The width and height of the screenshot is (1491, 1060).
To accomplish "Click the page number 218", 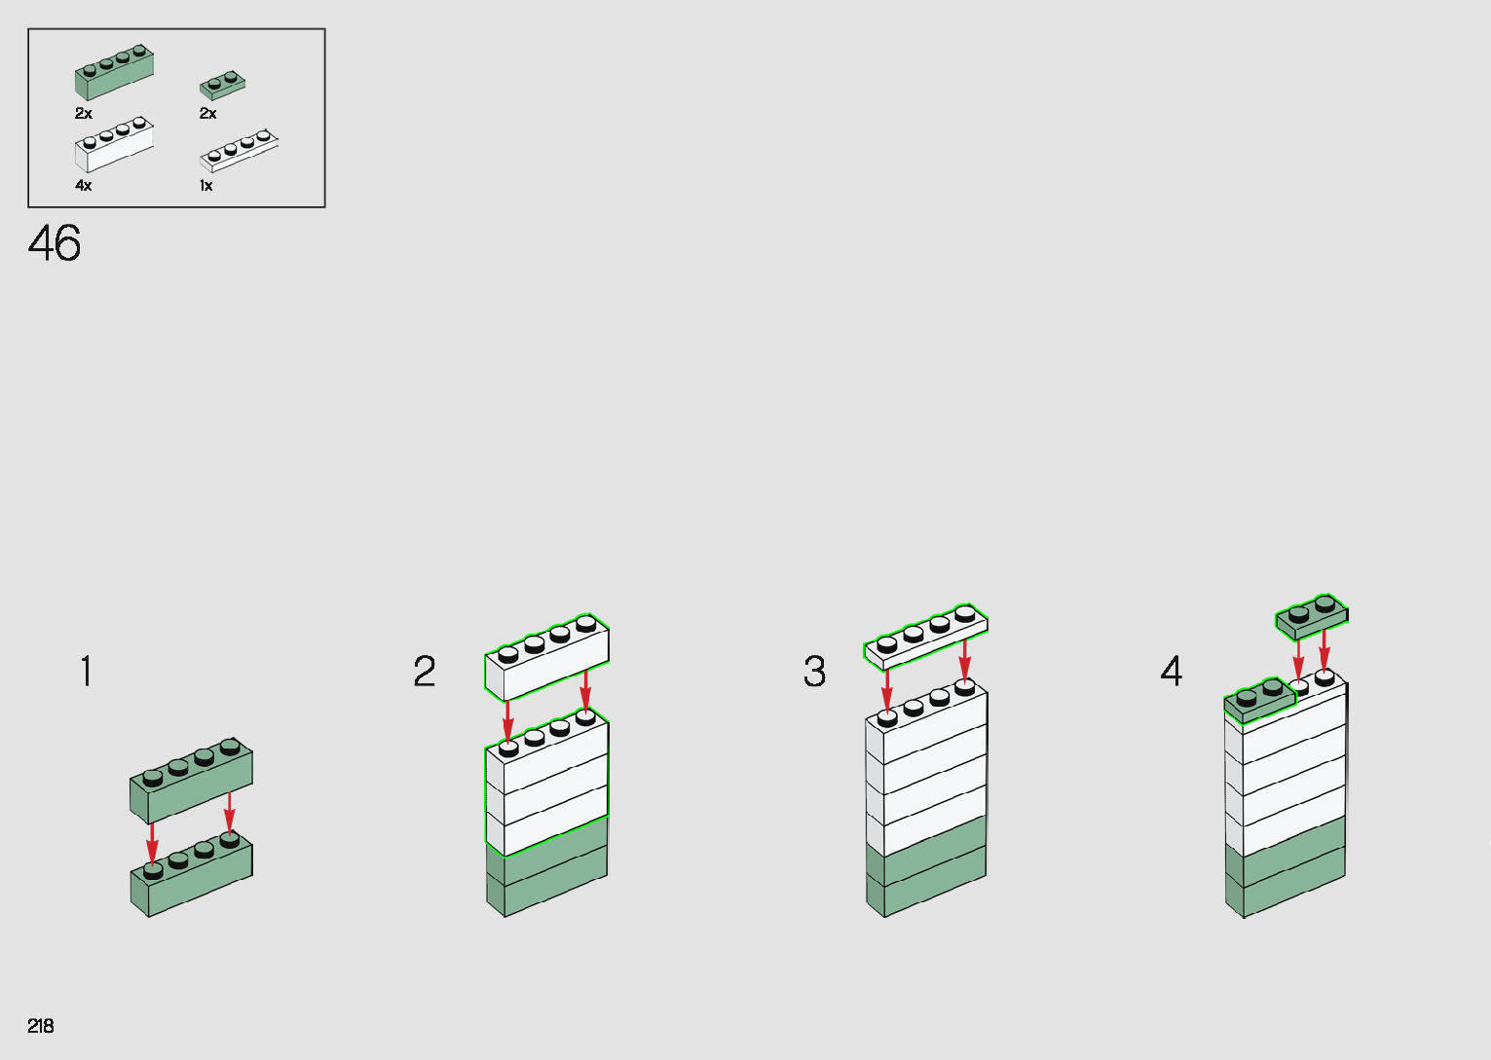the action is [x=41, y=1026].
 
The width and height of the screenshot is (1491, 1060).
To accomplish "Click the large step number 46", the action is [x=55, y=243].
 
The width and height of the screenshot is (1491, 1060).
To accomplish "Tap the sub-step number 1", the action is [x=87, y=672].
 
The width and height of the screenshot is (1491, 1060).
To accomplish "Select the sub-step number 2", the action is [x=425, y=672].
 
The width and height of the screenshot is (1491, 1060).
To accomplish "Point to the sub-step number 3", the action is [x=815, y=672].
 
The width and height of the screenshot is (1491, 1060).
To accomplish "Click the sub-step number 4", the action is [x=1172, y=672].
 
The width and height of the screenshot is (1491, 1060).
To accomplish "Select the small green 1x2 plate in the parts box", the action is [x=222, y=86].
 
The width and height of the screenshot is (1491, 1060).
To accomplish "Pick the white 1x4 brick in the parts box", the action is [x=114, y=144].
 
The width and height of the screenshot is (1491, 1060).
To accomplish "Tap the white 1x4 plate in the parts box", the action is [x=239, y=150].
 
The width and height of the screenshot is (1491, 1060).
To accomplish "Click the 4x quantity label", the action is [x=84, y=185].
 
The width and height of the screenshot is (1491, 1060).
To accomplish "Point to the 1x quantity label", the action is [x=206, y=185].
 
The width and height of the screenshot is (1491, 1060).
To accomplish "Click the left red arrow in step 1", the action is [x=152, y=843].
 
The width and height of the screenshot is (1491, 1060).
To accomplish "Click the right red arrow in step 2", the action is [x=585, y=690].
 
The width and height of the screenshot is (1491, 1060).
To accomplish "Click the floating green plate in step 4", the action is [x=1312, y=619].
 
